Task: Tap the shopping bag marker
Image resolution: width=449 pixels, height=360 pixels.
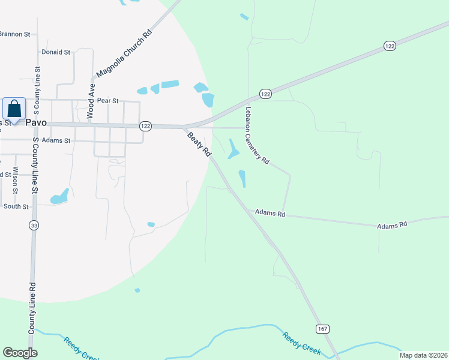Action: (14, 109)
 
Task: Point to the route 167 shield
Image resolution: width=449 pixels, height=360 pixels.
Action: (322, 328)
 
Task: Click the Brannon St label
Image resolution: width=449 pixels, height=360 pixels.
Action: (15, 34)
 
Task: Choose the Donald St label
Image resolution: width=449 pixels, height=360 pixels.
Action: (56, 52)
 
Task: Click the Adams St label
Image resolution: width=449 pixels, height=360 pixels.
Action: (59, 140)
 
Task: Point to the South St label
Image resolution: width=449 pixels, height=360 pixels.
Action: (16, 206)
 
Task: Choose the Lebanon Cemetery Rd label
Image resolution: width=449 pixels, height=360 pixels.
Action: (257, 136)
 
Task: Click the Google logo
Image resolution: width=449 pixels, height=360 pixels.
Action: (20, 353)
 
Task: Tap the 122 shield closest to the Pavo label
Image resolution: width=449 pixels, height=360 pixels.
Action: (145, 126)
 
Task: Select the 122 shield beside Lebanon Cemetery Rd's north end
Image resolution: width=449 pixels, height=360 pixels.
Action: (266, 94)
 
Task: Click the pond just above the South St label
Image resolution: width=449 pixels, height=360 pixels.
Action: (59, 197)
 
